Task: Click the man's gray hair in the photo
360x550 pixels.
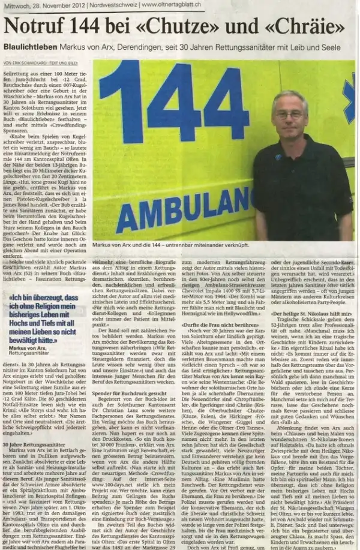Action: coord(290,96)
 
